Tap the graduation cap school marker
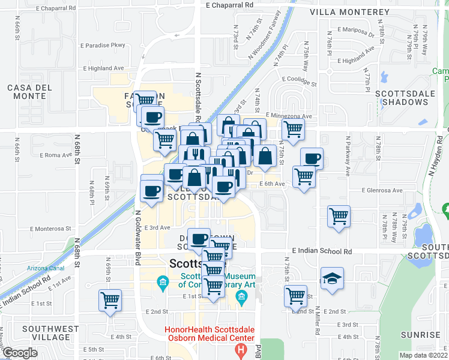point(332,279)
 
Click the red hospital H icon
point(241,349)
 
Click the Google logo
point(20,353)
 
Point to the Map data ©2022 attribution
point(423,355)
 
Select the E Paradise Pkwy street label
point(105,44)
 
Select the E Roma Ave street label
point(56,155)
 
